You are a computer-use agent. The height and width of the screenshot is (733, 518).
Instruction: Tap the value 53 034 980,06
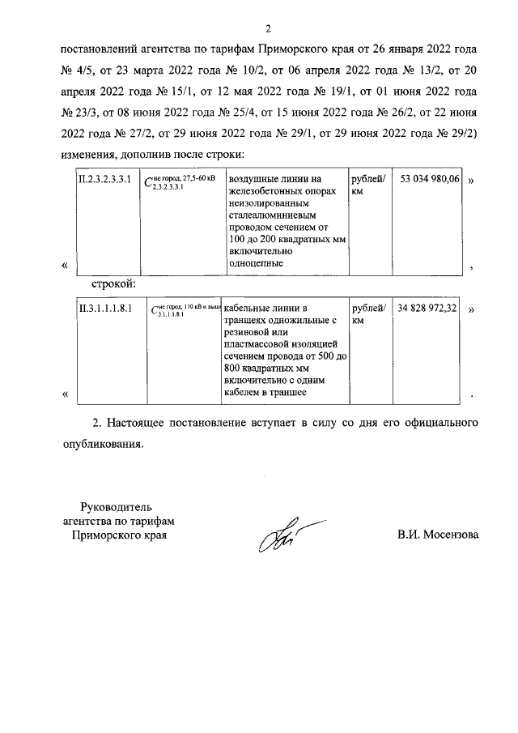(430, 179)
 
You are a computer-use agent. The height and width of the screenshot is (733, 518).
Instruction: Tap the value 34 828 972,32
(430, 309)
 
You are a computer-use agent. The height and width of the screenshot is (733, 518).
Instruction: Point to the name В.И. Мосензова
(437, 535)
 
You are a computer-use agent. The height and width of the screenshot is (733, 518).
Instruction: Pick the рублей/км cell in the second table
(369, 315)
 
